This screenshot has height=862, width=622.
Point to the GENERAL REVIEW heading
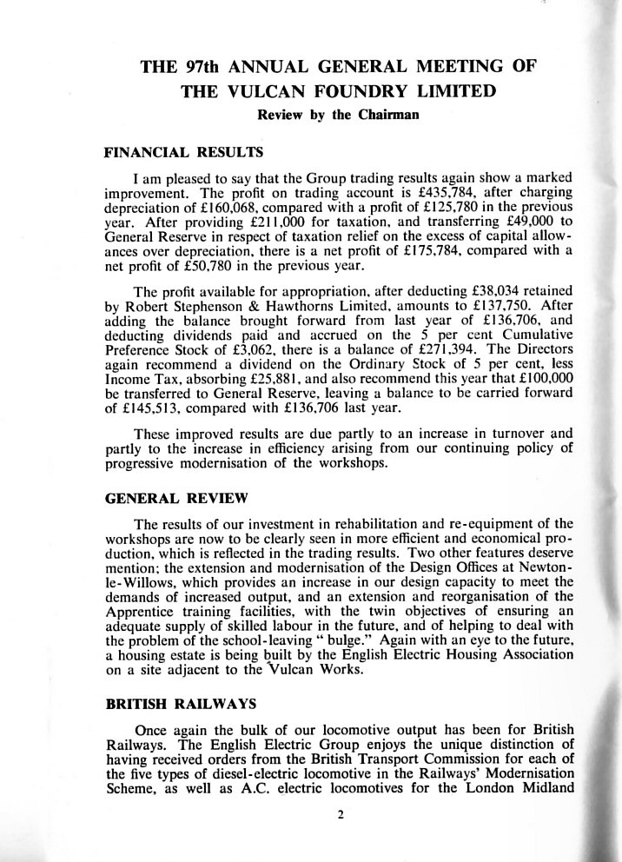click(176, 499)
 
